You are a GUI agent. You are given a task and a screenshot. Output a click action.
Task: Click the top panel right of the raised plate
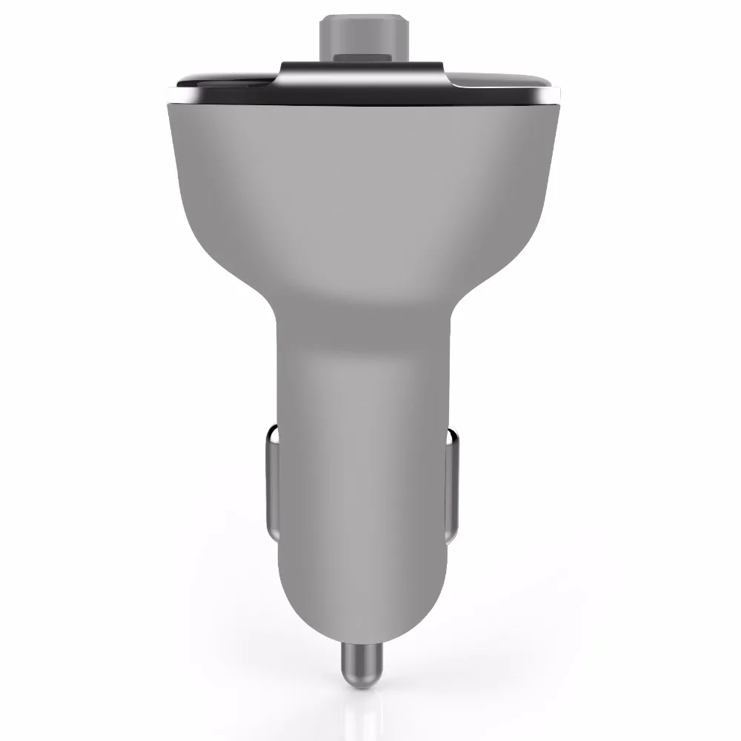(x=504, y=80)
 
